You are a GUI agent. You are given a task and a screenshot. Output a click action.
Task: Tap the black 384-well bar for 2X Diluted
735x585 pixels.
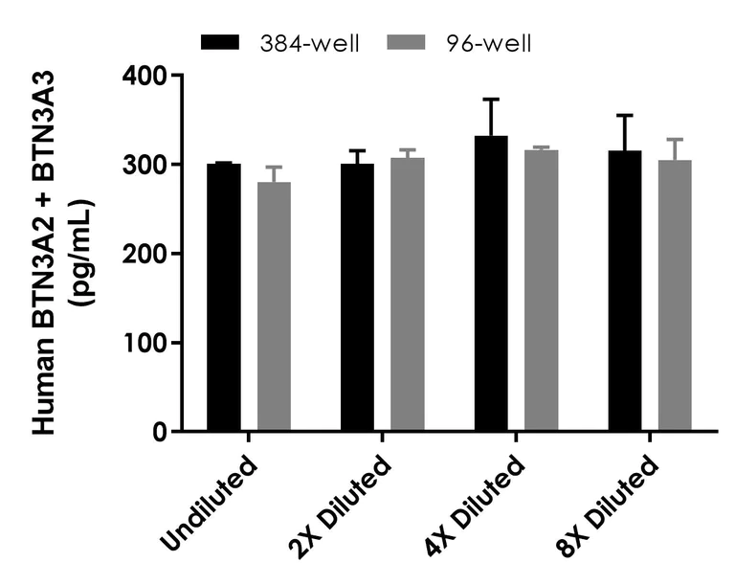[x=357, y=298]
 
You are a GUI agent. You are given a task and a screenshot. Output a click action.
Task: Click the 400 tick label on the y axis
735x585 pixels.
[x=144, y=76]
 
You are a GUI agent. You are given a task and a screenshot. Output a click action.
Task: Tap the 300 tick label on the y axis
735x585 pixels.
[x=144, y=165]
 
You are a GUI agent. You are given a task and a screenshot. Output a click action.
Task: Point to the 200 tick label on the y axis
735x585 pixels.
[x=144, y=254]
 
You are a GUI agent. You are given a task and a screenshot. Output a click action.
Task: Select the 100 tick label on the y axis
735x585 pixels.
[x=144, y=343]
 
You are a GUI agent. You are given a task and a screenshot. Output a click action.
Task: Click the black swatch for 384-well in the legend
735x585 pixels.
[x=224, y=42]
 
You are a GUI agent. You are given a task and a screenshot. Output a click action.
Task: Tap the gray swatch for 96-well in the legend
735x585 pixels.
[x=411, y=42]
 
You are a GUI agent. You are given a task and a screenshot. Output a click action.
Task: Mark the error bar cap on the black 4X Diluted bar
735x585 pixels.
[x=491, y=99]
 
